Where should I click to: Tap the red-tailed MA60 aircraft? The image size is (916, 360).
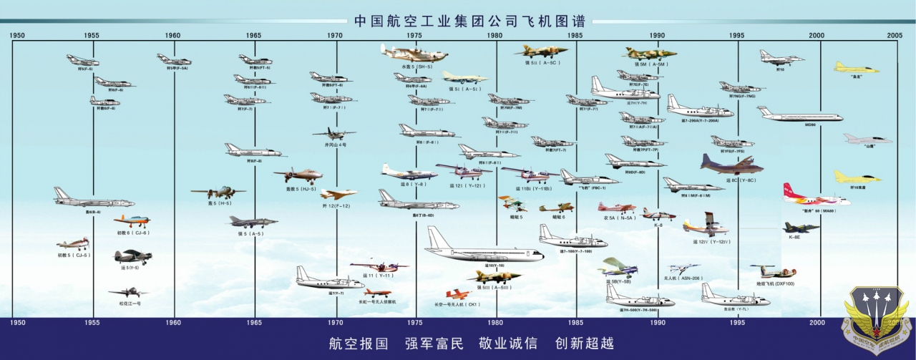pos(814,195)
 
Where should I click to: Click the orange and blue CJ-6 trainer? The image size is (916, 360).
pos(132,220)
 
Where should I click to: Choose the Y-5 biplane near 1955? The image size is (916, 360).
pos(133,256)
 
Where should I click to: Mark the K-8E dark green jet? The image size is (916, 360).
pos(801,228)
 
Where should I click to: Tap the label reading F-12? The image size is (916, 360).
pos(336,206)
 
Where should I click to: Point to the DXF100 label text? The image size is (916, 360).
pos(775,284)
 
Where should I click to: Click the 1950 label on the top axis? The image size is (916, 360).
pos(17,35)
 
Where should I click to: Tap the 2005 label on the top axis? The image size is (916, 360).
pos(895,35)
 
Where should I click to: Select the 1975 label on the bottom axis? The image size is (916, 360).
pos(414,323)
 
